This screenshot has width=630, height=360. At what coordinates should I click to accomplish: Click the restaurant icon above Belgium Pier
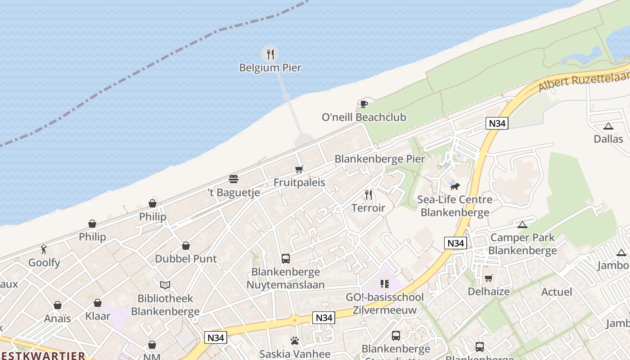[x=270, y=54]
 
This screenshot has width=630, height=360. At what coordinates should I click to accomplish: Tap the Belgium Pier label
[x=270, y=68]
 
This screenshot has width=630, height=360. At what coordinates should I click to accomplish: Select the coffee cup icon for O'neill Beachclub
[x=364, y=104]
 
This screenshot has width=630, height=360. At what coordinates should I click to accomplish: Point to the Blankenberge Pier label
[x=379, y=159]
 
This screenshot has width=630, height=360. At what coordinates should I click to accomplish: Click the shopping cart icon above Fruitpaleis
[x=299, y=169]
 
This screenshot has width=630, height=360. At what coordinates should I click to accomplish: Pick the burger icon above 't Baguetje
[x=233, y=179]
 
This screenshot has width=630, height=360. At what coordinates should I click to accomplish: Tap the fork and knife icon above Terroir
[x=369, y=194]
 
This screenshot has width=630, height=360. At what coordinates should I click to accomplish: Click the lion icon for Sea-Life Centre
[x=455, y=186]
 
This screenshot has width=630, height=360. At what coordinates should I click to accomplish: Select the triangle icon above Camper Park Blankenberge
[x=522, y=224]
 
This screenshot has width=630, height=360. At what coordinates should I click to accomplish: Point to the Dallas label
[x=608, y=139]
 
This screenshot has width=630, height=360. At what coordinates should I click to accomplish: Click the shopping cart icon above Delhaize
[x=489, y=278]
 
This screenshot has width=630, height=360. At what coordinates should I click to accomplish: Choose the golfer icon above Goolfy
[x=44, y=249]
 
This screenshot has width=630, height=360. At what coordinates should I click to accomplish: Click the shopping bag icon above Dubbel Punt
[x=186, y=246]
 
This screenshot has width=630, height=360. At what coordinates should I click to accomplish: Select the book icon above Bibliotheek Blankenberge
[x=165, y=285]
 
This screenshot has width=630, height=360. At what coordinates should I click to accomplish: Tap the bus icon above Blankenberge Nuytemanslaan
[x=286, y=259]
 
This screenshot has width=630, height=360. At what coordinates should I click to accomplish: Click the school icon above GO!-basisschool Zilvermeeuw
[x=384, y=283]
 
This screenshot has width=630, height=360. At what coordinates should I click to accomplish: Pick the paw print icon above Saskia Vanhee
[x=295, y=341]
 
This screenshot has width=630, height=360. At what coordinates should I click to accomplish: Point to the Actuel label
[x=557, y=292]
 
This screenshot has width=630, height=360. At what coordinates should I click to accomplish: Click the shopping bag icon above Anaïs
[x=58, y=305]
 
